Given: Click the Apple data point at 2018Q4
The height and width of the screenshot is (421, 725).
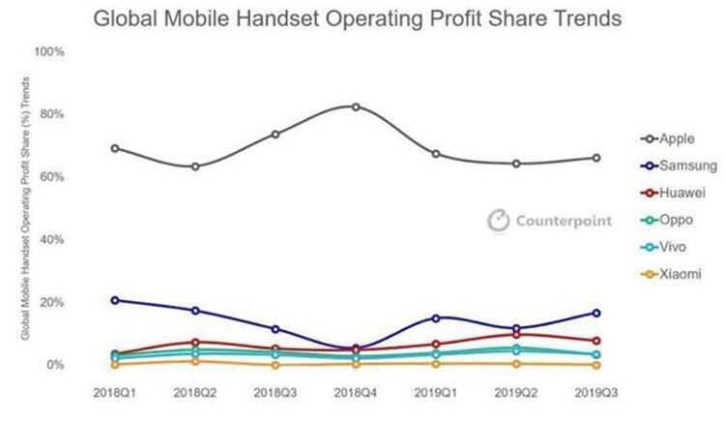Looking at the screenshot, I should (356, 106).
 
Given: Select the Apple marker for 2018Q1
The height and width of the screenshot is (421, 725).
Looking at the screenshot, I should (115, 148).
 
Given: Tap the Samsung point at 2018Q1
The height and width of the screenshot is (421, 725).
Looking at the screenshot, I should (115, 300).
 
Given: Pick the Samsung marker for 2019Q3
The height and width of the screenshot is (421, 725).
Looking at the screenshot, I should (595, 313).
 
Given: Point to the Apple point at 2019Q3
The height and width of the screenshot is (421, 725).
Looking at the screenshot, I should (595, 158).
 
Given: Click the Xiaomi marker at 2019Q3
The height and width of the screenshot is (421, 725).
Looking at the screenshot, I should (595, 365).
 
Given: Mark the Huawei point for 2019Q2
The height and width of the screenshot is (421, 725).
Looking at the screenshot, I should (515, 334).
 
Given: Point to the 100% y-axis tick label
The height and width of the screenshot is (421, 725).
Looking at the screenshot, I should (50, 51).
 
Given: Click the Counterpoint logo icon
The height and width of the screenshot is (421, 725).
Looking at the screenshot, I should (498, 220).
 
